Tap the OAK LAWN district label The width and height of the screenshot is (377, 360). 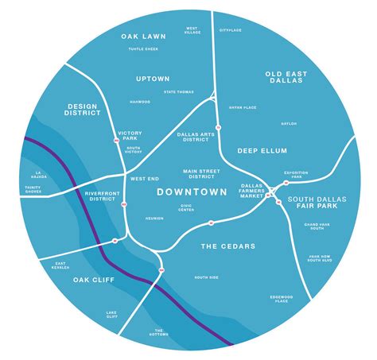click(142, 37)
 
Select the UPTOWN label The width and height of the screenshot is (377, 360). click(153, 79)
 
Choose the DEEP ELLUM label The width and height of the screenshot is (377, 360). click(262, 150)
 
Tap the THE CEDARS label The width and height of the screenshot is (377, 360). click(227, 246)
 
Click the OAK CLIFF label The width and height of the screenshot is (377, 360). click(93, 280)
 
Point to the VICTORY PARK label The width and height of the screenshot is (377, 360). click(129, 136)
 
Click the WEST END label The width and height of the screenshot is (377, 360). click(144, 179)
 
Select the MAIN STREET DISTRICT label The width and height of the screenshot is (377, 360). click(200, 174)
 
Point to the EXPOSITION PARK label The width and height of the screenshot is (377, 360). click(298, 174)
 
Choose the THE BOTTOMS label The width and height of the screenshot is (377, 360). click(159, 332)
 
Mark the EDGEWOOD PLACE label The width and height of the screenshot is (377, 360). click(281, 298)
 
